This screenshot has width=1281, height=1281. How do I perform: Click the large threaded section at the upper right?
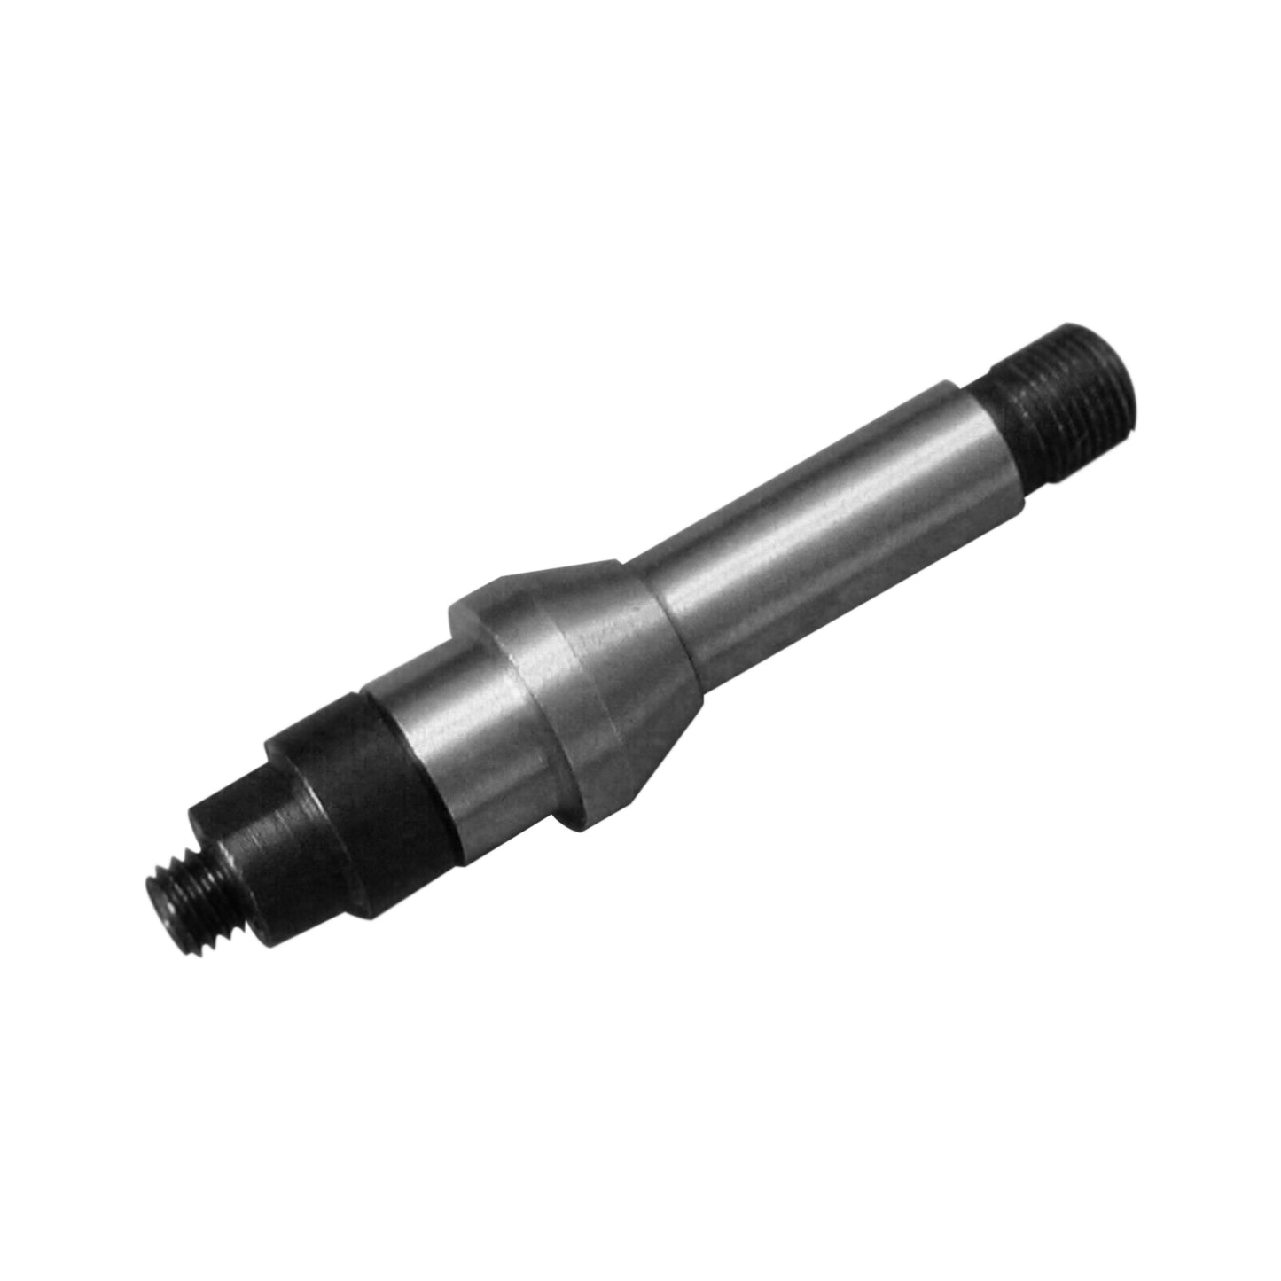(x=1064, y=372)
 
